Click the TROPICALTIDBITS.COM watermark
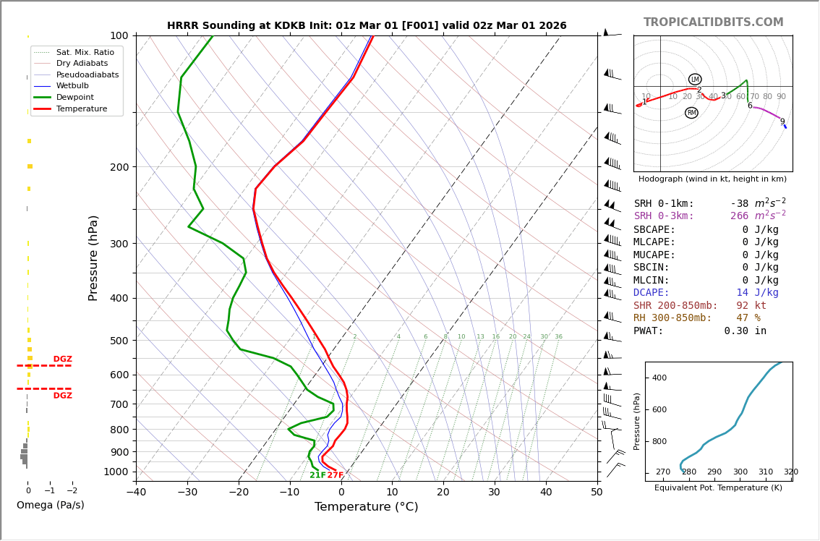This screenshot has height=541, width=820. pyautogui.click(x=713, y=22)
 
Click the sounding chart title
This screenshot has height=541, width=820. pyautogui.click(x=367, y=26)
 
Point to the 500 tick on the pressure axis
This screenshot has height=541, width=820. pyautogui.click(x=119, y=341)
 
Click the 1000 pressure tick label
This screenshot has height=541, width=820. pyautogui.click(x=116, y=472)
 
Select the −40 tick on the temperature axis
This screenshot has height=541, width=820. pyautogui.click(x=136, y=493)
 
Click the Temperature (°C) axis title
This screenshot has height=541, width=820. pyautogui.click(x=366, y=507)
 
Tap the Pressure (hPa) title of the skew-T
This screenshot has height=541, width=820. pyautogui.click(x=93, y=257)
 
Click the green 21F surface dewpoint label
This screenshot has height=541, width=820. pyautogui.click(x=317, y=475)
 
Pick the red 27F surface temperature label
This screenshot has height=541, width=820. pyautogui.click(x=336, y=475)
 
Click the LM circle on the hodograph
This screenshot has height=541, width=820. pyautogui.click(x=695, y=80)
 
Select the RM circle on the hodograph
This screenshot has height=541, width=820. pyautogui.click(x=691, y=113)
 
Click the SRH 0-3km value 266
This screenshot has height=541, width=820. pyautogui.click(x=739, y=216)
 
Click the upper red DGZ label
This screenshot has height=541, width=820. pyautogui.click(x=63, y=359)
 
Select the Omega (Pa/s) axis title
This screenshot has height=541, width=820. pyautogui.click(x=51, y=506)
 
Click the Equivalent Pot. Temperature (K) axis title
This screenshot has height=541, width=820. pyautogui.click(x=719, y=488)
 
